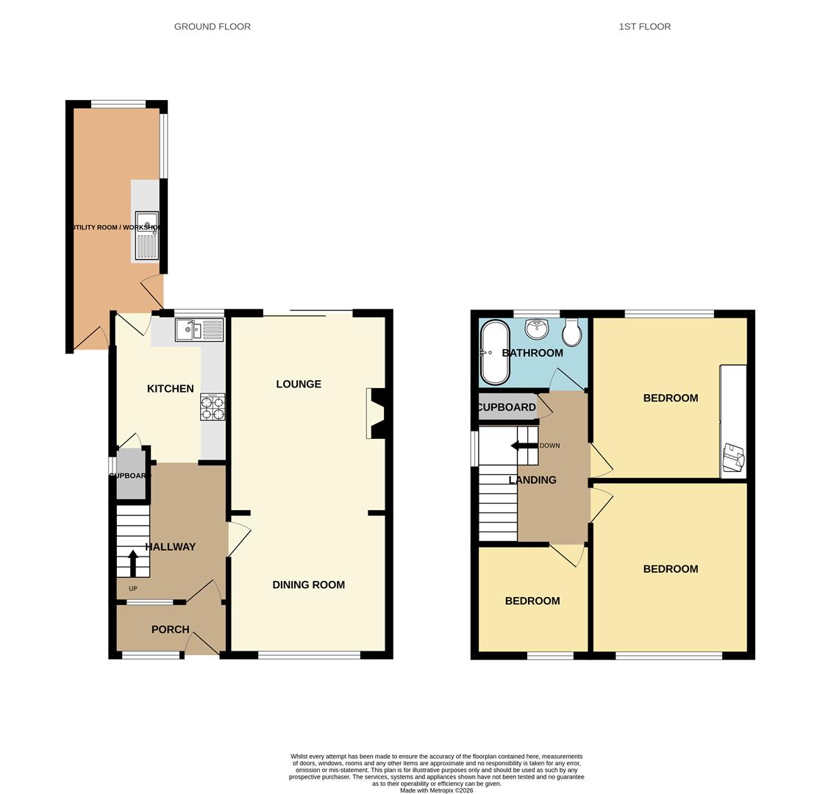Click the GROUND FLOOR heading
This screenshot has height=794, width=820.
(212, 26)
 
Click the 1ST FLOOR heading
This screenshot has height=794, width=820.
(644, 26)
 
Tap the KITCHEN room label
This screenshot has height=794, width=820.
(170, 389)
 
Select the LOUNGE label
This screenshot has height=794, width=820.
(299, 384)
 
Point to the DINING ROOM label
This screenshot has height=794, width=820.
(308, 585)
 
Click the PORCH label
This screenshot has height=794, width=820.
(170, 629)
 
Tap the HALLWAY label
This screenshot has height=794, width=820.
(170, 547)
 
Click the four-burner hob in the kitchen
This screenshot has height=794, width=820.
(213, 407)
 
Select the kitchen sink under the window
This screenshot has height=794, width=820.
(199, 330)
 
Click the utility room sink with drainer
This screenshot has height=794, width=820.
(146, 235)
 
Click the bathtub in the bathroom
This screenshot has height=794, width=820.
(494, 353)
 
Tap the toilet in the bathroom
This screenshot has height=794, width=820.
(571, 334)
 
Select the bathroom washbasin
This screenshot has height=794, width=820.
(537, 329)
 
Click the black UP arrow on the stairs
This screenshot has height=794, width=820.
(133, 563)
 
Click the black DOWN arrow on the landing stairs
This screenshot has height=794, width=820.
(524, 446)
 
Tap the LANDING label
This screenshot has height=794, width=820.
(532, 480)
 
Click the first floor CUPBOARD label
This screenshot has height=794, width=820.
(506, 407)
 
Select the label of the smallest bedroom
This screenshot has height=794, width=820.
(532, 601)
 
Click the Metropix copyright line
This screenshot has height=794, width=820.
(437, 790)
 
